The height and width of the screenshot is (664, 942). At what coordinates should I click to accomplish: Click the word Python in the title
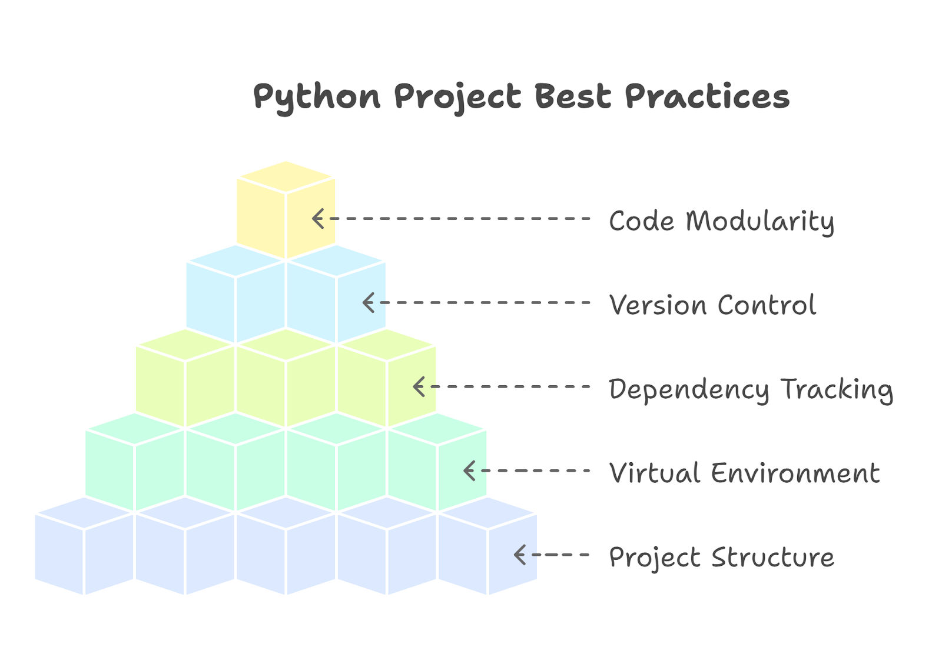[x=317, y=98]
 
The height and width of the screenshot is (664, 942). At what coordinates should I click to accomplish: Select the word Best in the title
[x=573, y=96]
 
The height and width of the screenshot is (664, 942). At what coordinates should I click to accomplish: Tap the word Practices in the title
[x=707, y=96]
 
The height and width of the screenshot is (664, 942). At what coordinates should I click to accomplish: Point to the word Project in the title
[x=458, y=98]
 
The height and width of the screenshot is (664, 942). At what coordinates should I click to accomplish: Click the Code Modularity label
[x=722, y=222]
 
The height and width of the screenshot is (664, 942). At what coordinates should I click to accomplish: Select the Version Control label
[x=713, y=305]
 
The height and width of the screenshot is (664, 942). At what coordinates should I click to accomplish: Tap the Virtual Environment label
[x=744, y=473]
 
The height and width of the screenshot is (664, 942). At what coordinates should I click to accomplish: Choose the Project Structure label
[x=722, y=558]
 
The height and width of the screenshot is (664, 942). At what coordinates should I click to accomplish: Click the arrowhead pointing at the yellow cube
[x=318, y=218]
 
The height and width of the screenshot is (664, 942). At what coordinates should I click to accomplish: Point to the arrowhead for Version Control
[x=369, y=302]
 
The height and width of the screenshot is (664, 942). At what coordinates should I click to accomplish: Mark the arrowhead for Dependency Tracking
[x=419, y=386]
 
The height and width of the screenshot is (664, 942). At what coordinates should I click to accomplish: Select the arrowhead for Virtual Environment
[x=469, y=471]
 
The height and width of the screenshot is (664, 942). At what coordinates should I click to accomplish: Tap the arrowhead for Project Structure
[x=520, y=555]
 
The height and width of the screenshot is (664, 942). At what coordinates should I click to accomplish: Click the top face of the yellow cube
[x=286, y=177]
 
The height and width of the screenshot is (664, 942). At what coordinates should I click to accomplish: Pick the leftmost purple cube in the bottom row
[x=84, y=546]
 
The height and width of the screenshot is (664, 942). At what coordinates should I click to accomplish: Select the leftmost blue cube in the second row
[x=235, y=294]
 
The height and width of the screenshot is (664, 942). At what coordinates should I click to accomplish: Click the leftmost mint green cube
[x=135, y=462]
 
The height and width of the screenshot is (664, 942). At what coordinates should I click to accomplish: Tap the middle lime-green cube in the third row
[x=286, y=378]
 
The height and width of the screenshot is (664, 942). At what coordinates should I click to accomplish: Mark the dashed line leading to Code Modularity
[x=460, y=218]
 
